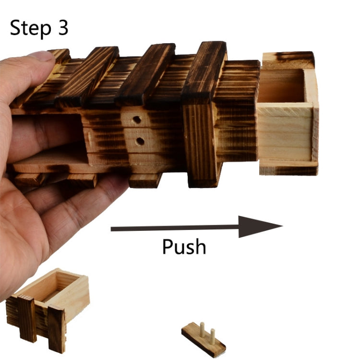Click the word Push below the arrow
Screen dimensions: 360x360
point(184,246)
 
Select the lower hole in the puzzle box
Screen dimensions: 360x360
point(140,141)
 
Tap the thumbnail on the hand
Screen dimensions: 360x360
point(40,57)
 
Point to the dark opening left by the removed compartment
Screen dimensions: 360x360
point(53,139)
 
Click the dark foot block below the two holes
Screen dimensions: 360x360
point(144,180)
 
